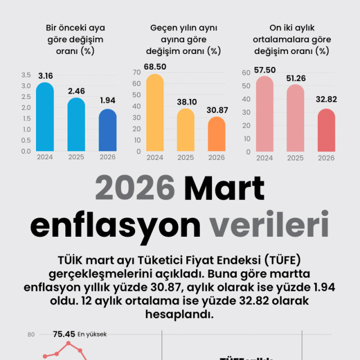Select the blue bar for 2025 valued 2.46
coord(76,125)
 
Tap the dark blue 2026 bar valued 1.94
coord(107,130)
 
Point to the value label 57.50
coord(265,70)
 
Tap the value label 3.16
coord(45,75)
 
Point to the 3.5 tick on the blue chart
coord(26,75)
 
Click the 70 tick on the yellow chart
coord(137,72)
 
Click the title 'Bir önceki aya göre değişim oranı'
coord(75,39)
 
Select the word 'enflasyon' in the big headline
coord(115,224)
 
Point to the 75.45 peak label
coord(64,334)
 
